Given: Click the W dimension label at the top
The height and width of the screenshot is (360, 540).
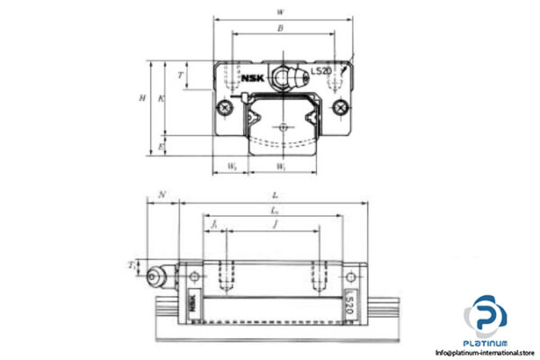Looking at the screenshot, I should click(282, 12).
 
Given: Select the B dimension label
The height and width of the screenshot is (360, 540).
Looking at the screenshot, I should click(281, 29).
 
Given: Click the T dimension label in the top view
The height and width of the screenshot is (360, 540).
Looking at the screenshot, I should click(182, 76).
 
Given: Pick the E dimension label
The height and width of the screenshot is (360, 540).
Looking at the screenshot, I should click(160, 145).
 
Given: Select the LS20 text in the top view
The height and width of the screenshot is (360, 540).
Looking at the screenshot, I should click(320, 71).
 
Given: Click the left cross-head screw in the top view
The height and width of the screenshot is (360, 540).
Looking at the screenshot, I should click(223, 110).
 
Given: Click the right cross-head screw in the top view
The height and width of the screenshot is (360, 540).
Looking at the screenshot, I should click(340, 110).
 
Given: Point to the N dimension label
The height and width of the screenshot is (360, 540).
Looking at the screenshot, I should click(162, 193).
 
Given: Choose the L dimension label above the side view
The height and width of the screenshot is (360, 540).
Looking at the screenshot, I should click(274, 194).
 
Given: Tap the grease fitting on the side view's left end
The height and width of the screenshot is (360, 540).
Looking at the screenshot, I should click(160, 275).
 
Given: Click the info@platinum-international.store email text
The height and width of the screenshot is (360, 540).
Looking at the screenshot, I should click(485, 352).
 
